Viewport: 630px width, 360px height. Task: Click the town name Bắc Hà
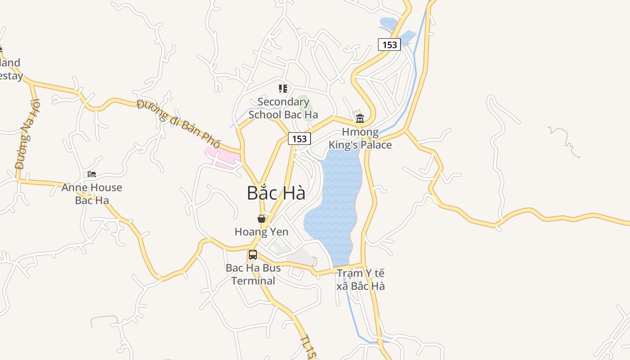[x=276, y=193]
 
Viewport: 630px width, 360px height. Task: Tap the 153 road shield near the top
[x=389, y=45]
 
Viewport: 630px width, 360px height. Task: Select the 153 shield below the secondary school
[x=299, y=139]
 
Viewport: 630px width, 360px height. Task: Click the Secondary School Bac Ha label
[x=283, y=108]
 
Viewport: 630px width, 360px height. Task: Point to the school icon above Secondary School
[x=283, y=89]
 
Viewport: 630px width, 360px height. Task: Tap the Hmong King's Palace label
[x=360, y=139]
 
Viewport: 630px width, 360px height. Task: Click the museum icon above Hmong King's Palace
[x=360, y=119]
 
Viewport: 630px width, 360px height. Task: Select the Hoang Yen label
[x=261, y=232]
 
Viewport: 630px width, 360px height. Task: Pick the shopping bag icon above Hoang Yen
[x=261, y=219]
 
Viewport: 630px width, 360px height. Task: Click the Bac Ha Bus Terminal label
[x=253, y=274]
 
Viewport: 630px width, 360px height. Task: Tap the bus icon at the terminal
[x=253, y=255]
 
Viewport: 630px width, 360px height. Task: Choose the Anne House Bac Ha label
[x=92, y=194]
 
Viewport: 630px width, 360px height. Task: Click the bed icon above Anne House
[x=92, y=174]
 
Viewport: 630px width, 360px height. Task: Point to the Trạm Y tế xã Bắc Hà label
[x=361, y=279]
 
